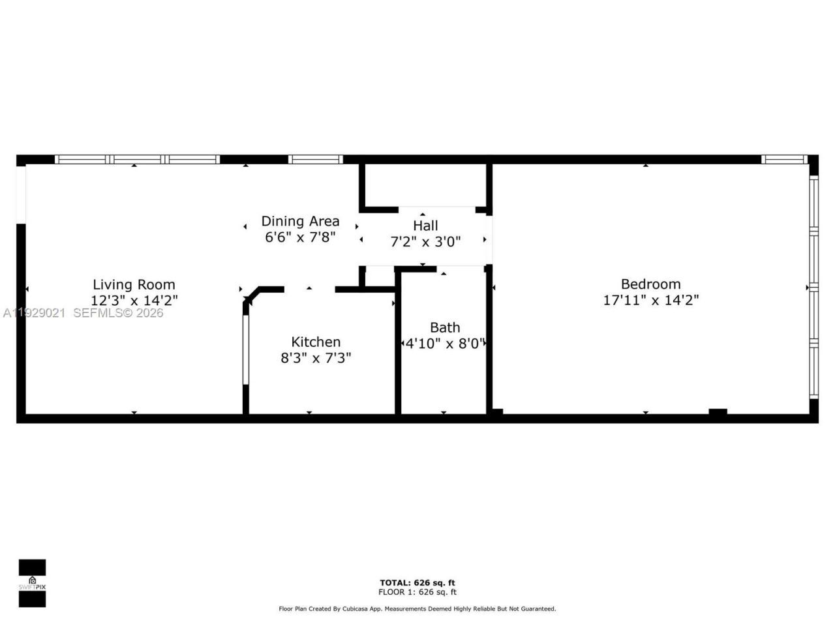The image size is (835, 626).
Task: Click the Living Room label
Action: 134,284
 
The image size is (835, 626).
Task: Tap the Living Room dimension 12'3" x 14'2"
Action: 134,301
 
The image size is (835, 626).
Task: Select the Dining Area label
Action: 300,221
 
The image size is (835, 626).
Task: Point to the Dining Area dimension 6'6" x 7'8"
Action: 300,237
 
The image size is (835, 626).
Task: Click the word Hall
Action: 425,226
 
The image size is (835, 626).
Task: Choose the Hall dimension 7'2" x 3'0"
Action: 425,242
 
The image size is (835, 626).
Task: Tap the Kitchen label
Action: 316,342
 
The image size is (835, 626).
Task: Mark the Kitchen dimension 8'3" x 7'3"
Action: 316,358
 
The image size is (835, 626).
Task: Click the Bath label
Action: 445,327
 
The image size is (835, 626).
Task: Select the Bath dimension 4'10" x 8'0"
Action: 445,344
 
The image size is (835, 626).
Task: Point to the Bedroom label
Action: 650,284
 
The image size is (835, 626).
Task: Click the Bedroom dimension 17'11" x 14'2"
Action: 650,300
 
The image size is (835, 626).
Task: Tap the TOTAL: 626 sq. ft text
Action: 417,583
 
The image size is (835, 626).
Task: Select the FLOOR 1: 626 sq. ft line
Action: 417,592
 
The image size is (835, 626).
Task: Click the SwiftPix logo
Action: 32,583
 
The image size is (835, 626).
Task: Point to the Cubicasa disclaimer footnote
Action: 417,609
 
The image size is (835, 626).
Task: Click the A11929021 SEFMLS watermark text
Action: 83,313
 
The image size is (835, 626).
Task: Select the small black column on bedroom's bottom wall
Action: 718,411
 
